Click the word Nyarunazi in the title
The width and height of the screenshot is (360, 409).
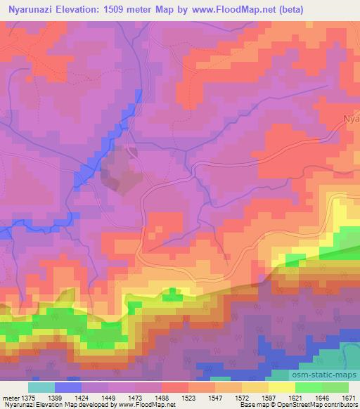[35, 8]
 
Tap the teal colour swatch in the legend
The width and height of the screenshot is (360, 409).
[41, 387]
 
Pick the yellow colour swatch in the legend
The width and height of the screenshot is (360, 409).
[281, 387]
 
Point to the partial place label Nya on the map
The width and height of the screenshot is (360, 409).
[351, 118]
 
